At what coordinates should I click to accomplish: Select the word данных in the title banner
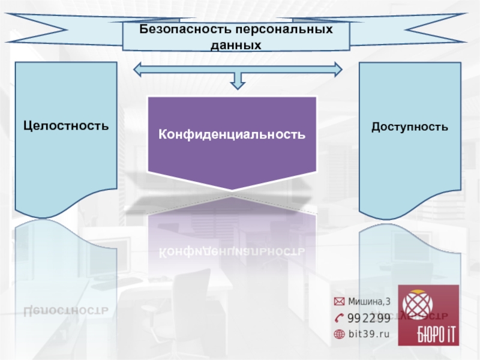tap(236, 44)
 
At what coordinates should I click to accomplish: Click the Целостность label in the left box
tap(66, 126)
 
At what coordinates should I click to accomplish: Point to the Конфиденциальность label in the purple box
tap(232, 134)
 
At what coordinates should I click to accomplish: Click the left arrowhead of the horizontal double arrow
tap(138, 70)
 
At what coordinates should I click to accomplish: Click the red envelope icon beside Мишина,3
tap(339, 301)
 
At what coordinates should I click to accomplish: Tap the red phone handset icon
tap(340, 317)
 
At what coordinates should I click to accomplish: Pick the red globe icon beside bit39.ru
tap(339, 334)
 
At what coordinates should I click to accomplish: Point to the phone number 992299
tap(369, 317)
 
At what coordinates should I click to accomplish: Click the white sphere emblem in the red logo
tap(421, 308)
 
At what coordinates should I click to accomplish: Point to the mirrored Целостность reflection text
tap(66, 310)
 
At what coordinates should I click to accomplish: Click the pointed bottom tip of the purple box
tap(232, 190)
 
